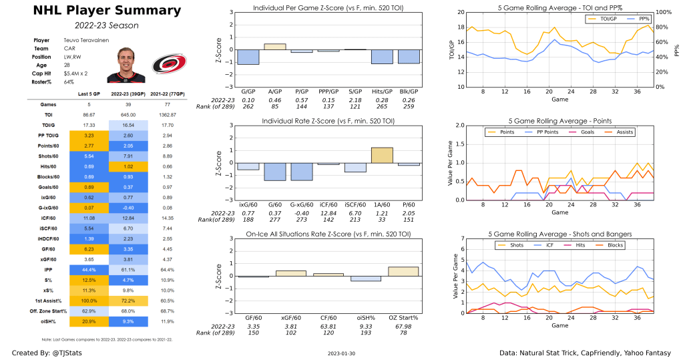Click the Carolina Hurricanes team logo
164,63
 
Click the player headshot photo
122,65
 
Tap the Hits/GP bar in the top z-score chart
382,57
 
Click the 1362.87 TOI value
169,115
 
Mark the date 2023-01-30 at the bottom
342,353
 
